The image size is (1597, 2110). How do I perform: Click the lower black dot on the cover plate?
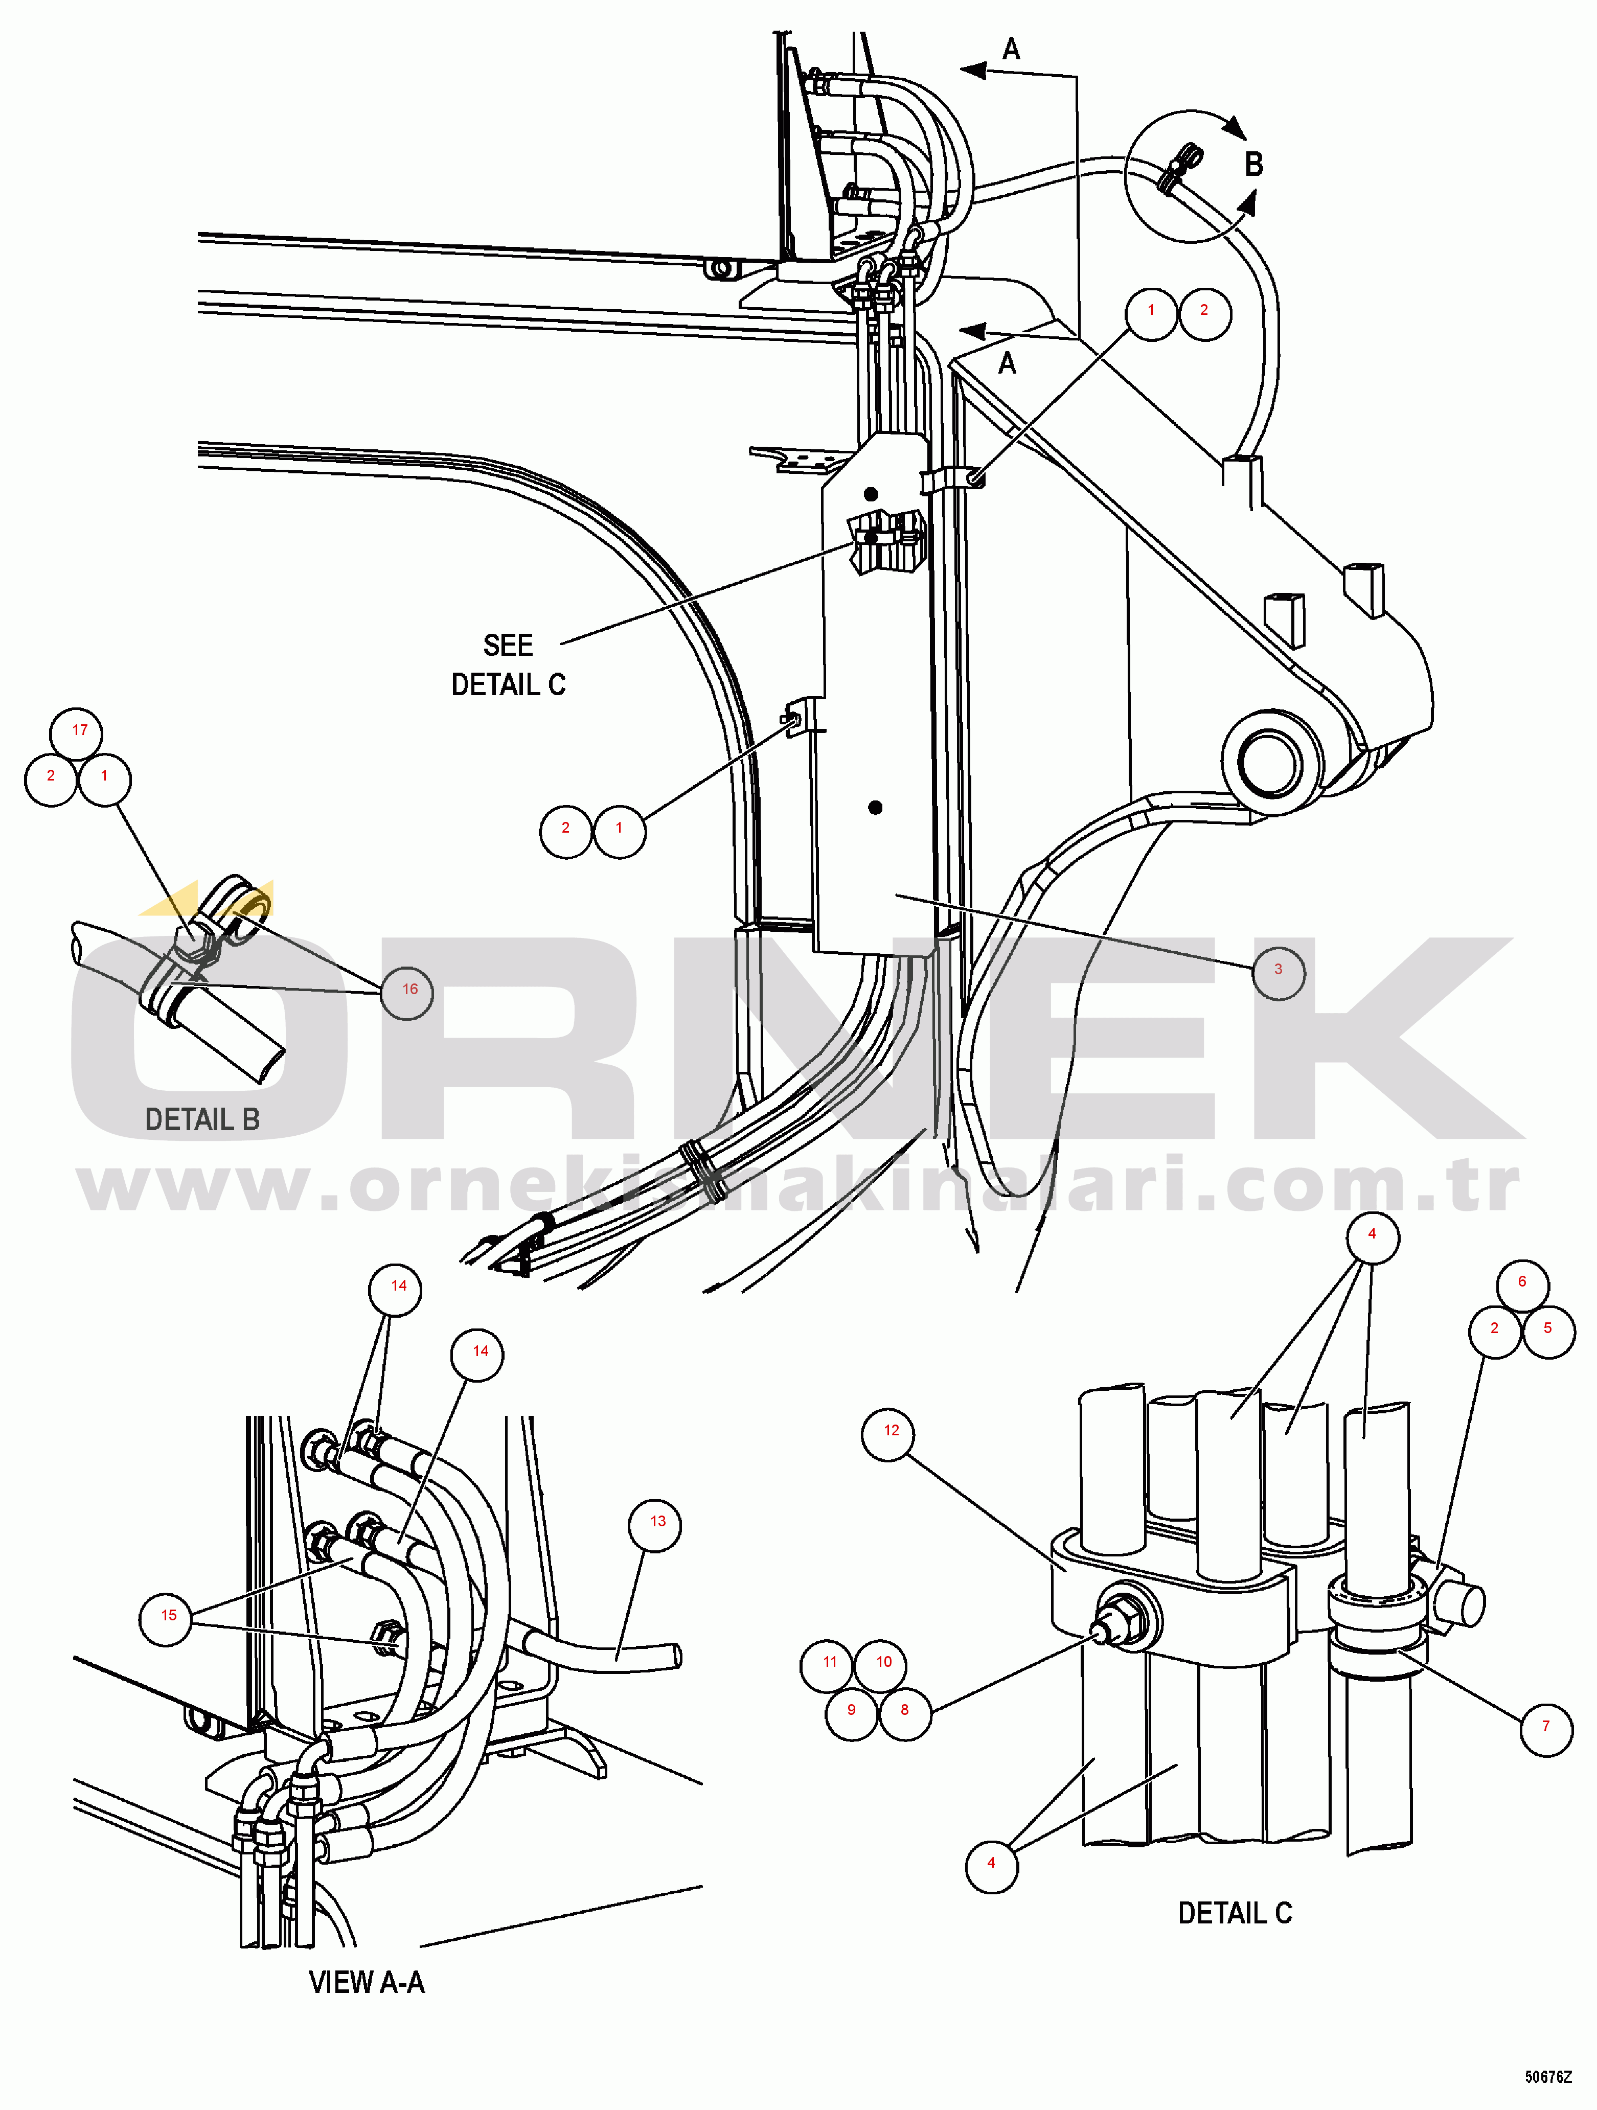[875, 808]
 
